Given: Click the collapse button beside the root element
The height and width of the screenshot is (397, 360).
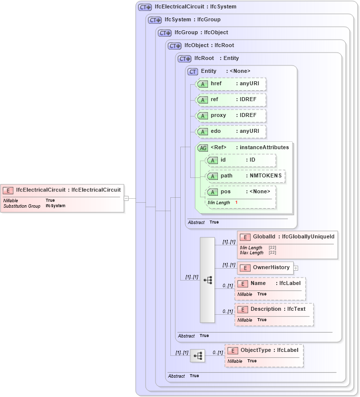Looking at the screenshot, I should (x=126, y=198).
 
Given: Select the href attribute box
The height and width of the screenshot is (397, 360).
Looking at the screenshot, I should (x=231, y=84).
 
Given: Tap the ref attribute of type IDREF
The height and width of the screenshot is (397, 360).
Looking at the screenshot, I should (x=231, y=100).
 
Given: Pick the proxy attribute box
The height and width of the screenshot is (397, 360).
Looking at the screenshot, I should (x=231, y=115).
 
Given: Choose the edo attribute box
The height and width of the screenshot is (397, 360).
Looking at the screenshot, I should (x=231, y=131).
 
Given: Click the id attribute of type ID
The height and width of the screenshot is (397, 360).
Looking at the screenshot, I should (x=241, y=160).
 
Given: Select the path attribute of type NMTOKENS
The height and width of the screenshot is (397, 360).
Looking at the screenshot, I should (x=246, y=176).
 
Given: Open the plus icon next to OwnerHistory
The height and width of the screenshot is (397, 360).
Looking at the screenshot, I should (x=296, y=268).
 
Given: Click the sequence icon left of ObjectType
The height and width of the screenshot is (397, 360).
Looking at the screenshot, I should (x=198, y=356).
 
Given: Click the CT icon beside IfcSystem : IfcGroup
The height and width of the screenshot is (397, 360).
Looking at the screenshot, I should (x=155, y=20).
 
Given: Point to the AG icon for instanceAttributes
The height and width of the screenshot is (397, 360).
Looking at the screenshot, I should (x=203, y=148).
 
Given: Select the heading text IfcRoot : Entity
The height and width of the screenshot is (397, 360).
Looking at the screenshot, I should (x=216, y=58).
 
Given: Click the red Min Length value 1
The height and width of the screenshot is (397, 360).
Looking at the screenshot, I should (x=236, y=203).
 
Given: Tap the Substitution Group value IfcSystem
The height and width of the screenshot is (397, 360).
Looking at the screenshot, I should (x=55, y=206).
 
